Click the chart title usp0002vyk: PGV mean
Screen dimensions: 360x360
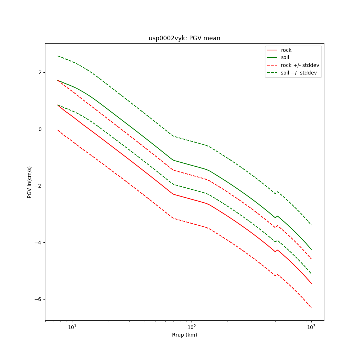click(184, 38)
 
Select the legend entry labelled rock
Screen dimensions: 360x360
click(286, 50)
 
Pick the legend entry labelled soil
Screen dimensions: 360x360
click(285, 57)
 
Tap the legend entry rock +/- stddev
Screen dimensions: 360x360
click(300, 65)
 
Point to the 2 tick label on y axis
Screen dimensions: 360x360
click(40, 72)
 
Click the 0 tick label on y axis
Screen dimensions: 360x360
click(40, 129)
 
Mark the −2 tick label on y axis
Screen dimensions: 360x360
click(38, 186)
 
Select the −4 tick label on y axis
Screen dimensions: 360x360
click(38, 243)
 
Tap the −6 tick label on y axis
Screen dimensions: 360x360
click(38, 299)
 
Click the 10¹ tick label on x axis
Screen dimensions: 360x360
click(72, 327)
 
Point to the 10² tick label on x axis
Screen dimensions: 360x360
click(192, 327)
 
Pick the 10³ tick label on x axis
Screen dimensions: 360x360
click(311, 327)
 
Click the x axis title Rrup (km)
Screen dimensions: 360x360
click(184, 335)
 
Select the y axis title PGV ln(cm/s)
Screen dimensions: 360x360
click(30, 182)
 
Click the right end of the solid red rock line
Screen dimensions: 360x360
click(311, 284)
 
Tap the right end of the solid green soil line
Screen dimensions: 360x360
click(311, 249)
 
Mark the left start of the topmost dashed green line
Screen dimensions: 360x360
click(58, 56)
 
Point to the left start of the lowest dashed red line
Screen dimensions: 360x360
click(58, 130)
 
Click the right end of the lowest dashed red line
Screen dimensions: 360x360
click(311, 308)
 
